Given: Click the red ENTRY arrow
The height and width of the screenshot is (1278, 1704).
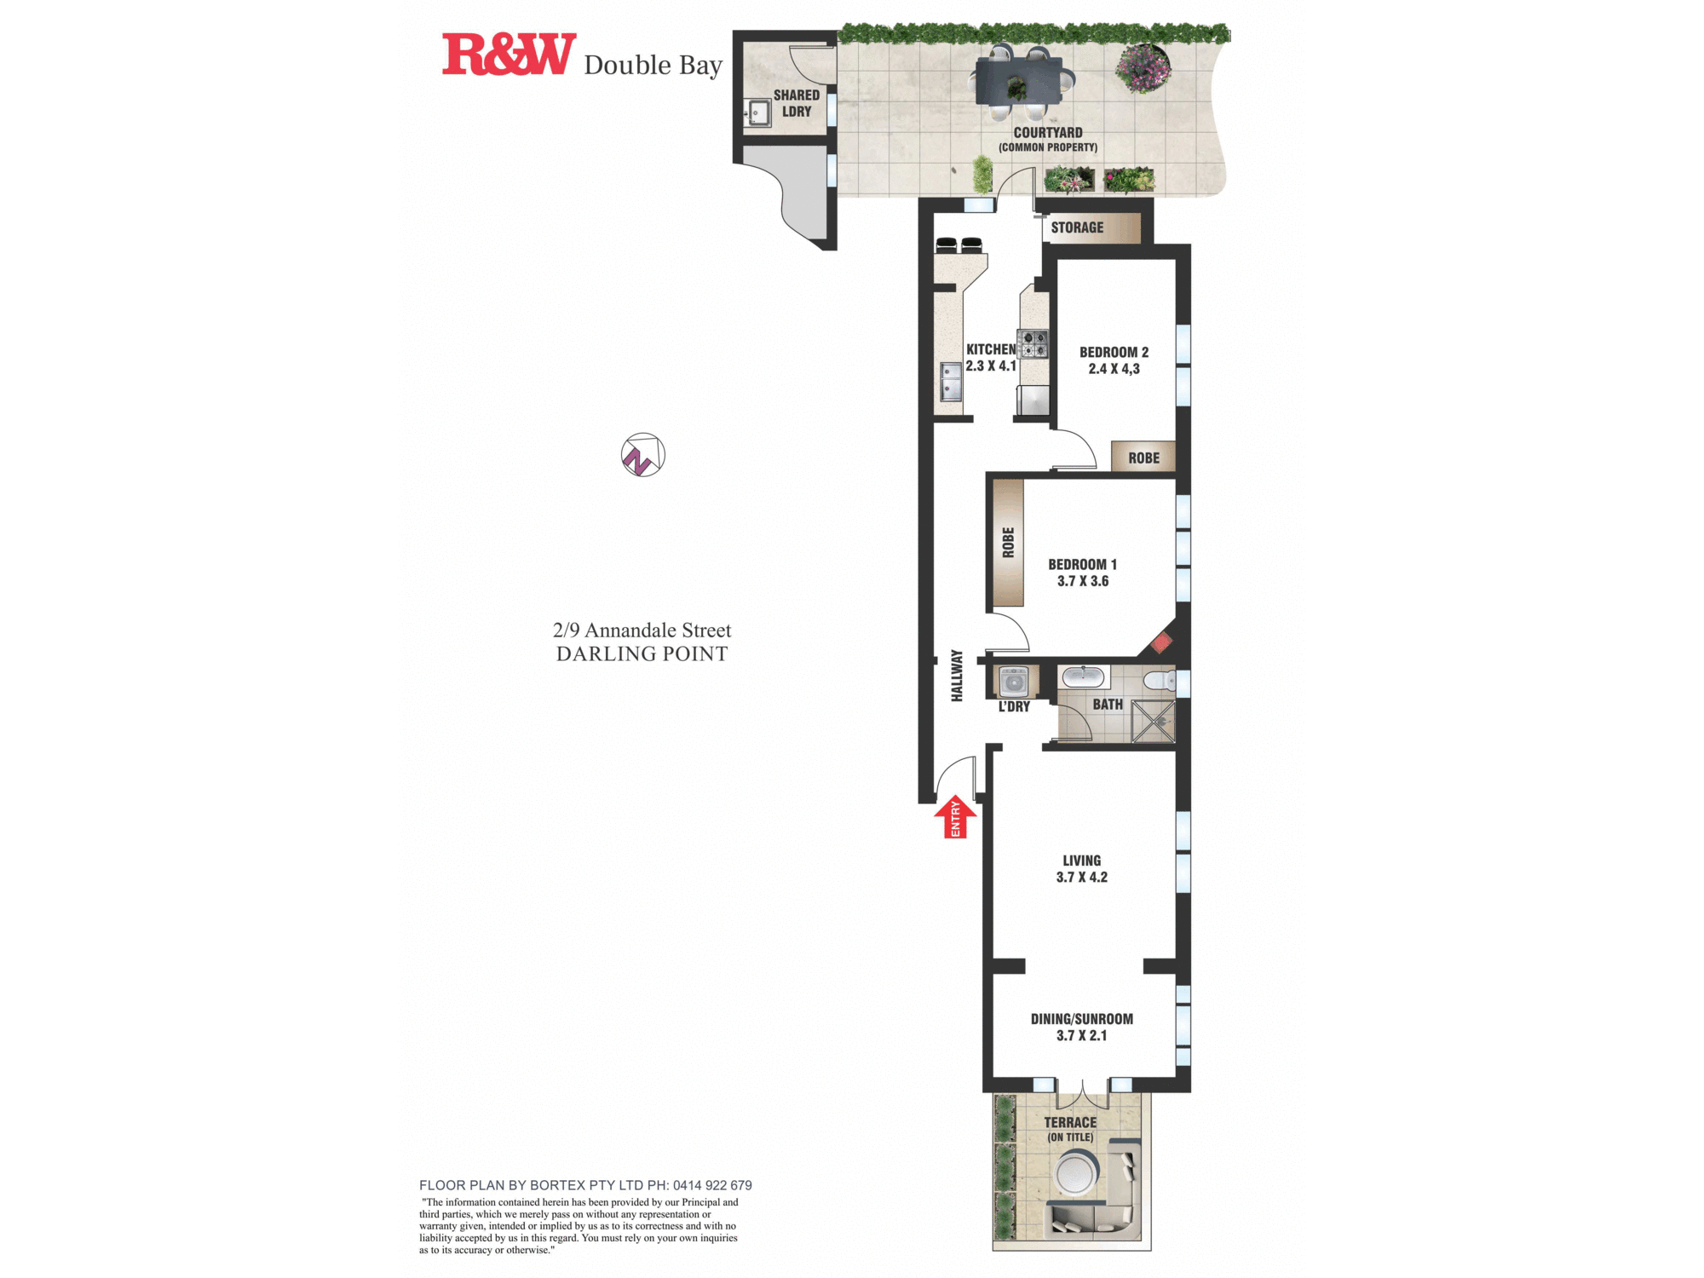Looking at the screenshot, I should coord(955,817).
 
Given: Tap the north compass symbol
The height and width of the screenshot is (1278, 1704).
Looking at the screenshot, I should coord(642,455).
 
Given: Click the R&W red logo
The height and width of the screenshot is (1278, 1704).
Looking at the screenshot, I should coord(509,55).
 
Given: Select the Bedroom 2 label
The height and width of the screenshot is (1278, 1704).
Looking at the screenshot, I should coord(1114,352).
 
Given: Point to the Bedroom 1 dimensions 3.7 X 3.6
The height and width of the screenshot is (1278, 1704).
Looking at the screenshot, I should coord(1082,581).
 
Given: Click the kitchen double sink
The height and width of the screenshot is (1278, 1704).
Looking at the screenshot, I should coord(950,381).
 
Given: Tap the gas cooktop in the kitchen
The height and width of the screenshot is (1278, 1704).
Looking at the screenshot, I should coord(1033,343).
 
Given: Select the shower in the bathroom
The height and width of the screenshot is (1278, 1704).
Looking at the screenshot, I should coord(1153,722).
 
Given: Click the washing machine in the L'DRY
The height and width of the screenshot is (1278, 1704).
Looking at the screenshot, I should coord(1014,682).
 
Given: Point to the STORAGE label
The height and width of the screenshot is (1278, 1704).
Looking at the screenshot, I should coord(1077,227).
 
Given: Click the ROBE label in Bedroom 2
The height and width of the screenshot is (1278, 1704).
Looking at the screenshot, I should coord(1143,458).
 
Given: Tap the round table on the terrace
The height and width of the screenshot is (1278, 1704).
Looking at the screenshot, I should coord(1075,1173).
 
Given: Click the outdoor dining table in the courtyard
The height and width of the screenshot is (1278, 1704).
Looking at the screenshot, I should coord(1019,81).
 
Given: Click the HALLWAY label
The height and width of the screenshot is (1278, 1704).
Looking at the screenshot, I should coord(957,676).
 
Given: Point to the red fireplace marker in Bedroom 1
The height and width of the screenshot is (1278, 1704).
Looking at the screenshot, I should coord(1161,642).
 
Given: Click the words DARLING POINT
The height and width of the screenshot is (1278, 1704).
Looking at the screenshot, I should coord(642,653).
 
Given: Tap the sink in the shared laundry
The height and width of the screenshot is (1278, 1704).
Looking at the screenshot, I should coord(757,112).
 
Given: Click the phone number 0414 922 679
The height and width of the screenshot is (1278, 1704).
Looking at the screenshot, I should coord(712,1185).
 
